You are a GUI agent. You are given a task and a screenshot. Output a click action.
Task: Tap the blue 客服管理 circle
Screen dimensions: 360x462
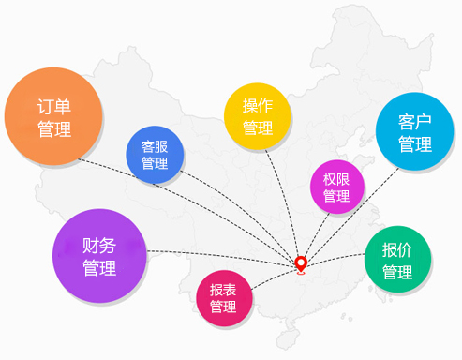click(155, 155)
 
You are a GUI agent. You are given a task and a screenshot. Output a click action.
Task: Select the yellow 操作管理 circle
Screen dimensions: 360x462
click(257, 115)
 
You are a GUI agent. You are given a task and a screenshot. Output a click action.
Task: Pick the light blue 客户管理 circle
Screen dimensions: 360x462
click(414, 134)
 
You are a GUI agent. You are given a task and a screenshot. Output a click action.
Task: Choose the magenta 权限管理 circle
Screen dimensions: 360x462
click(336, 187)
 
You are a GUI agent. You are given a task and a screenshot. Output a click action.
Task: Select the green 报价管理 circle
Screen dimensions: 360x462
click(397, 261)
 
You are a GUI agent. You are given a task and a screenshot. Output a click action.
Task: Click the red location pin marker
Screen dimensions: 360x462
click(301, 264)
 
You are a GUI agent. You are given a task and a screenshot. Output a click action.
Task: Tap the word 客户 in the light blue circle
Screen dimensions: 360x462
click(414, 123)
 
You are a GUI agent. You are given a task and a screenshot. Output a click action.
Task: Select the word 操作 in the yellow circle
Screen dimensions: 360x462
click(257, 105)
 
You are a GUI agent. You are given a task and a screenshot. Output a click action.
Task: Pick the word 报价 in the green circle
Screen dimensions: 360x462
click(397, 250)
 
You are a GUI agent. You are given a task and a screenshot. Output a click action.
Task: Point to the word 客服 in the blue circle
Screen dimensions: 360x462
click(155, 146)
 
